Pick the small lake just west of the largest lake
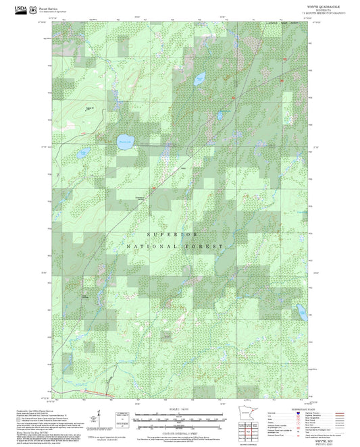coord(82,153)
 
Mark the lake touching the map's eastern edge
coord(307,315)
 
